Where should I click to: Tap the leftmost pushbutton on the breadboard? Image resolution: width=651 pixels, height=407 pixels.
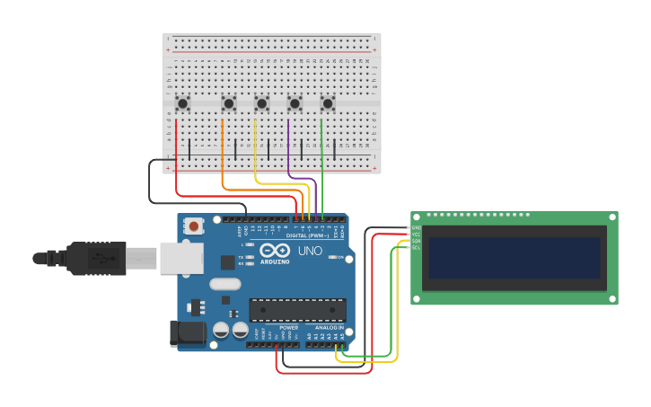(x=182, y=103)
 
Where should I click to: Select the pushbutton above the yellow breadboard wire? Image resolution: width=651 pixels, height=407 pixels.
(x=261, y=103)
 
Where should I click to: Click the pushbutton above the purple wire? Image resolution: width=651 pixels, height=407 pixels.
(x=295, y=103)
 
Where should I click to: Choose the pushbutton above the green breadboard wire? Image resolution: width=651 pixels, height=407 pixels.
(x=328, y=103)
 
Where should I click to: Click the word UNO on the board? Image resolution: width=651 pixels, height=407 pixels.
(x=310, y=251)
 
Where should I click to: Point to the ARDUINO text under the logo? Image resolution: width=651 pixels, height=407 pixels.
(x=275, y=261)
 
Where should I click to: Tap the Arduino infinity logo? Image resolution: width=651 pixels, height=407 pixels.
(x=275, y=250)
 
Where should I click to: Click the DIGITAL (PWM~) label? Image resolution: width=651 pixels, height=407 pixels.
(x=308, y=235)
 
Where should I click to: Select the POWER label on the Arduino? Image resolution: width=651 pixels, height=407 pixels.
(x=289, y=328)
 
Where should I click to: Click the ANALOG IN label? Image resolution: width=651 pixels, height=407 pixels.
(x=329, y=328)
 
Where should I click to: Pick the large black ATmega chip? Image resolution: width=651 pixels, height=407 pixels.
(x=297, y=310)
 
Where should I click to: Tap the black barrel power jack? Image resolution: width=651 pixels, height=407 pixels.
(x=188, y=333)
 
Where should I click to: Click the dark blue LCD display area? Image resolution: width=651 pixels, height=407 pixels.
(x=515, y=258)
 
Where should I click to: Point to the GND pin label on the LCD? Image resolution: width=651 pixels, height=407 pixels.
(x=416, y=228)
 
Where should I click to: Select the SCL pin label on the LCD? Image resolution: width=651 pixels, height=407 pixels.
(x=416, y=248)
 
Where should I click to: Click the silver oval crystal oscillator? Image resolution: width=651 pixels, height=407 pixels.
(x=225, y=284)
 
